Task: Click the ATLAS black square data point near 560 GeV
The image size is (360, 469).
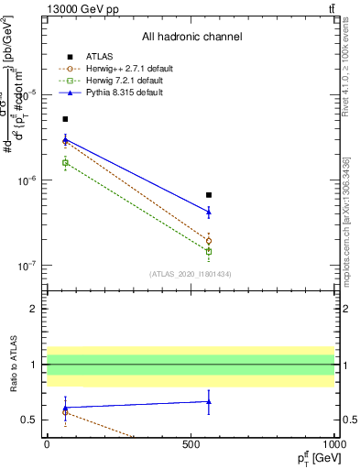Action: pos(209,195)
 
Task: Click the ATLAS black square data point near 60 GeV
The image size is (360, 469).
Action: pos(65,119)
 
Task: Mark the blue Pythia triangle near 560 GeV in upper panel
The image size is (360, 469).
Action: pos(209,212)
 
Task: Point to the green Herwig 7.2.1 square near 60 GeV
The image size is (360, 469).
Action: pos(65,163)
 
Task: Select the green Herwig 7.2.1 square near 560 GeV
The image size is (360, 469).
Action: pos(209,251)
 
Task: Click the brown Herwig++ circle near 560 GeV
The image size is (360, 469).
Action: pos(209,241)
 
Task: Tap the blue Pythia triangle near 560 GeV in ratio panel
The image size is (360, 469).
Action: pos(209,401)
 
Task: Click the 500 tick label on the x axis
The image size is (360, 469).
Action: pos(191,444)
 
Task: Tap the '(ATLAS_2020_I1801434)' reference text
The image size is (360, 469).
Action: pos(191,274)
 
